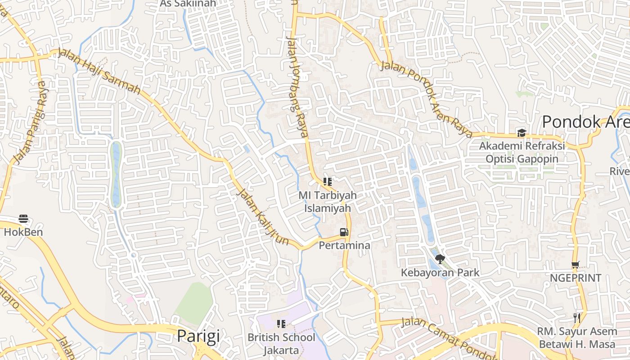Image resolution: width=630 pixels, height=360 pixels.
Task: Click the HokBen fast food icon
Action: [x=23, y=219]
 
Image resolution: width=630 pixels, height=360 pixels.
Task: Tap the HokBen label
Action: [x=23, y=232]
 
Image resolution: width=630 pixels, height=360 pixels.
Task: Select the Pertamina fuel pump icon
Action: [x=344, y=232]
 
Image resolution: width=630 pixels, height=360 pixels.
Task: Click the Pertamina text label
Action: [x=345, y=245]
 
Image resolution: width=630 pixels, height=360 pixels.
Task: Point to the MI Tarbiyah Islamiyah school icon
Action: [x=328, y=182]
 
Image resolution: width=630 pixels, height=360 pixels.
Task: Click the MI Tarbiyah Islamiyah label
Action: [x=328, y=202]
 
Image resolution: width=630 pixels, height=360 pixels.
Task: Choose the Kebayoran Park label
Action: [x=440, y=272]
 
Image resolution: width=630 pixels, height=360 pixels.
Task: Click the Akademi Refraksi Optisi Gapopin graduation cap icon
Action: [x=522, y=133]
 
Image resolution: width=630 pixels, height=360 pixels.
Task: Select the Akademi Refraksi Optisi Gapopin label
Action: [x=522, y=152]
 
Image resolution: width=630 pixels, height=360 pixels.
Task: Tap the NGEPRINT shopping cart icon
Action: [x=575, y=265]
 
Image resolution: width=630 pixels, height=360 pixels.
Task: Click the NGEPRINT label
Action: [x=575, y=278]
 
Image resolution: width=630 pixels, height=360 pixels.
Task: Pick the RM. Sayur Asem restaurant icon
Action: [x=576, y=318]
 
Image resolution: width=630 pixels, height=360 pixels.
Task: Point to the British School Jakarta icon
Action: [x=282, y=324]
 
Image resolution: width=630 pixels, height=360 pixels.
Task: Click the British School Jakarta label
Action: [x=282, y=343]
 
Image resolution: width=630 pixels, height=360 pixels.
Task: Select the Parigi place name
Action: [x=198, y=336]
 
